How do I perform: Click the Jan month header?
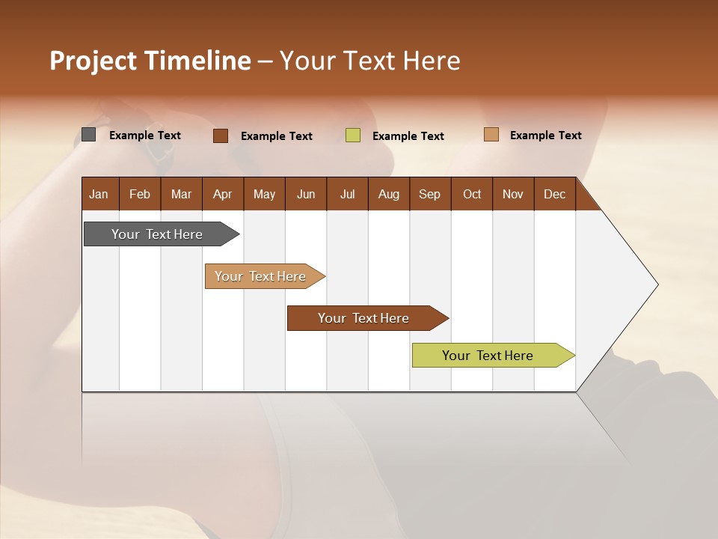point(99,194)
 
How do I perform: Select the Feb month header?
point(140,194)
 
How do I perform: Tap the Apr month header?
point(222,194)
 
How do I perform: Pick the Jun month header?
point(306,194)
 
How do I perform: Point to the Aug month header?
point(388,194)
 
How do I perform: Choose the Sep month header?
point(429,194)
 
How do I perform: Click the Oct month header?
point(472,194)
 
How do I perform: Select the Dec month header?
point(554,194)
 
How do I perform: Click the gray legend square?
point(89,135)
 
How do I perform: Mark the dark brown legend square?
point(221,135)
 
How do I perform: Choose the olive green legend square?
point(353,135)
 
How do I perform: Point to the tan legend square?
point(491,135)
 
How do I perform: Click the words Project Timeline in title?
point(150,61)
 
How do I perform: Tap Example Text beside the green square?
point(408,136)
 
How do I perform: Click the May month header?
point(264,194)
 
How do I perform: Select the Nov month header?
point(513,194)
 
